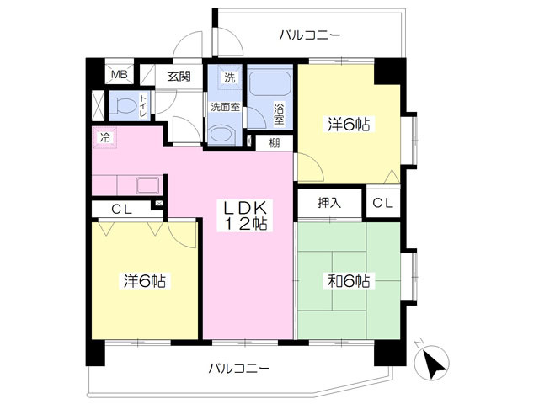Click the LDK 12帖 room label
[245, 215]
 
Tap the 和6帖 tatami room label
[348, 281]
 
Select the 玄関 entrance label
[179, 76]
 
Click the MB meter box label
[120, 75]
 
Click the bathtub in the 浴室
[269, 84]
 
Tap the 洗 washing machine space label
[229, 77]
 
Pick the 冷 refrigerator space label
[105, 138]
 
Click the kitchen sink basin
[148, 185]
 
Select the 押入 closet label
[329, 203]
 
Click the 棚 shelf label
[274, 143]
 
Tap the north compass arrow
[432, 362]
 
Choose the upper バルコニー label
[309, 35]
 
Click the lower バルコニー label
[239, 369]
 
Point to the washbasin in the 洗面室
[221, 134]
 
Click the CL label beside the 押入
[382, 204]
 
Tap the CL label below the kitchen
[121, 210]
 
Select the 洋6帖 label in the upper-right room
[348, 125]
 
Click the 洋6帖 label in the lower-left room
[144, 281]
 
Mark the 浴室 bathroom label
[279, 114]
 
